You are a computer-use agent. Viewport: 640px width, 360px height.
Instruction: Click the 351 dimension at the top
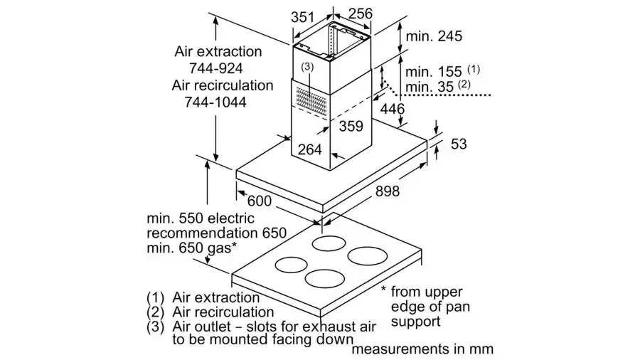click(303, 17)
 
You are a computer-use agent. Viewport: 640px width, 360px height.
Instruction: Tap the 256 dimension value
click(360, 14)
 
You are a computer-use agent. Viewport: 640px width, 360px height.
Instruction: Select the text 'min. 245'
click(434, 36)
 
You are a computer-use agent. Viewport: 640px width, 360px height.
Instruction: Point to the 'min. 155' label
click(433, 73)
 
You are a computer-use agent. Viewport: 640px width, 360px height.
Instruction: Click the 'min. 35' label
click(430, 87)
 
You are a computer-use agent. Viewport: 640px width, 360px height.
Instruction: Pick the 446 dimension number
click(393, 109)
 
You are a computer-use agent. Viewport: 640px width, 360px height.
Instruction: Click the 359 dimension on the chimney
click(351, 126)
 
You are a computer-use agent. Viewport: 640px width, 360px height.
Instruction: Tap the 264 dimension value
click(310, 150)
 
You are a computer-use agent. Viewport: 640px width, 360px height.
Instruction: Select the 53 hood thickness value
click(459, 144)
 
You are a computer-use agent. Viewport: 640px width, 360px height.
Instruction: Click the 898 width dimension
click(388, 191)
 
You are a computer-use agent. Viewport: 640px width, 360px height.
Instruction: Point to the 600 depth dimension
click(260, 201)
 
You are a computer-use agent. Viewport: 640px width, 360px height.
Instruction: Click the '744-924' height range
click(216, 68)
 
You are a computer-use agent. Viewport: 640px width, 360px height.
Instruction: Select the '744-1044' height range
click(215, 102)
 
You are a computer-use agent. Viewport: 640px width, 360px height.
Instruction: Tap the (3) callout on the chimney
click(307, 67)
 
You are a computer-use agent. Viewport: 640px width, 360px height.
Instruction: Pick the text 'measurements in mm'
click(422, 349)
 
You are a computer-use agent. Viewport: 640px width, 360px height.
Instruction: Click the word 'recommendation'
click(201, 233)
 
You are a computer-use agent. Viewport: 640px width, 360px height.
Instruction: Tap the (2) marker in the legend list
click(155, 312)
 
